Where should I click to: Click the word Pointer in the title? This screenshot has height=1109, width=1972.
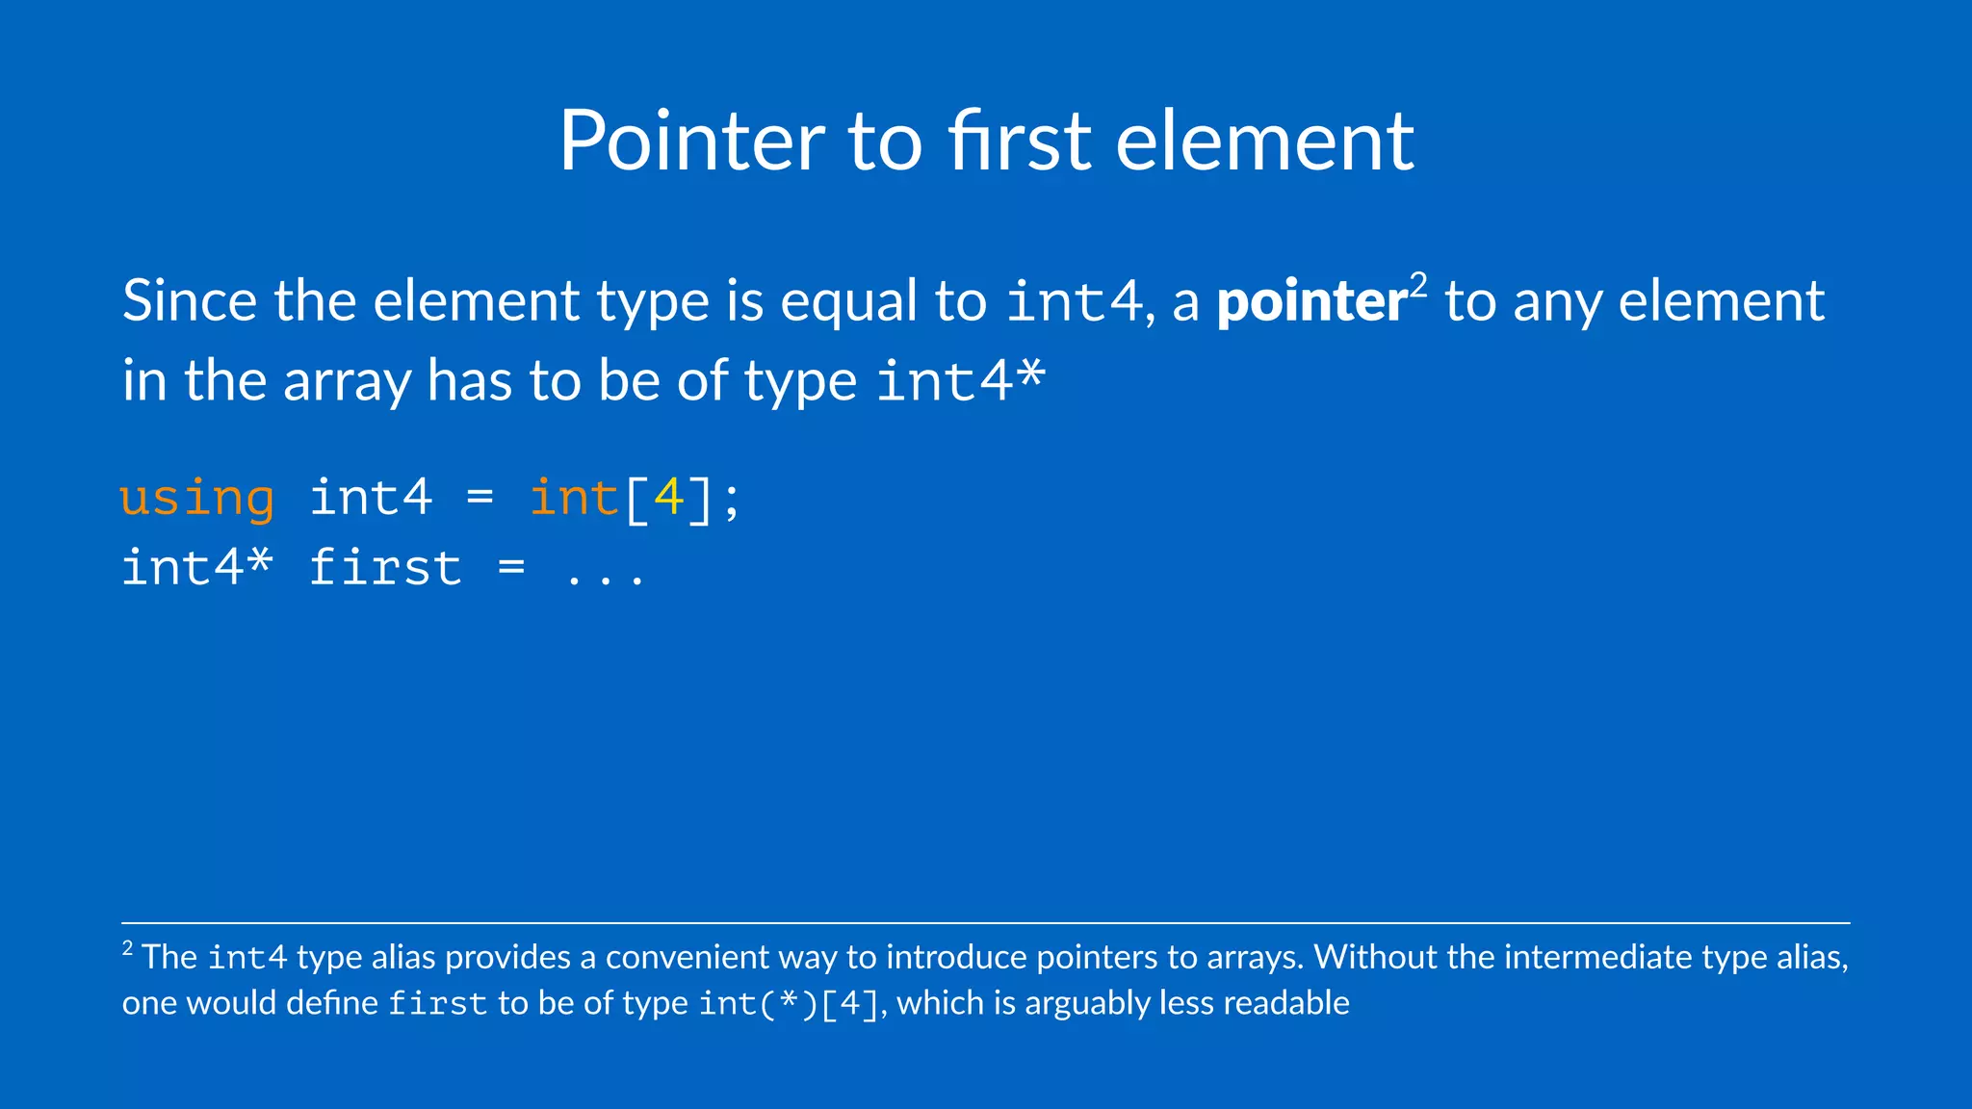691,142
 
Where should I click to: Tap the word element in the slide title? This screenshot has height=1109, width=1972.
1264,142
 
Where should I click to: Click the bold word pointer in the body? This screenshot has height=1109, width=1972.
1311,302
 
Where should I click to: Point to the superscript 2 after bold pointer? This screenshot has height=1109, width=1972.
1418,286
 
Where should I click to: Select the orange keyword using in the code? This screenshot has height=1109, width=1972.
197,499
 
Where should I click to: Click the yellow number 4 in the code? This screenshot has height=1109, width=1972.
668,498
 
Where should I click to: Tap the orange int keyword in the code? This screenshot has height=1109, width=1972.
574,498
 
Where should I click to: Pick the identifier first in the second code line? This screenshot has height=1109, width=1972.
385,568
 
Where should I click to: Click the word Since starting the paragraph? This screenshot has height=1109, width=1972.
190,301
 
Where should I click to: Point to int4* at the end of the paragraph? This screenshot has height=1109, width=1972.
961,380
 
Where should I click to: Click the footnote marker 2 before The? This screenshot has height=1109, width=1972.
127,949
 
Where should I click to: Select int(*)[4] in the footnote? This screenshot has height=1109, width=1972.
789,1004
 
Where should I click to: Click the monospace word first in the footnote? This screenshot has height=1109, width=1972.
437,1004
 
